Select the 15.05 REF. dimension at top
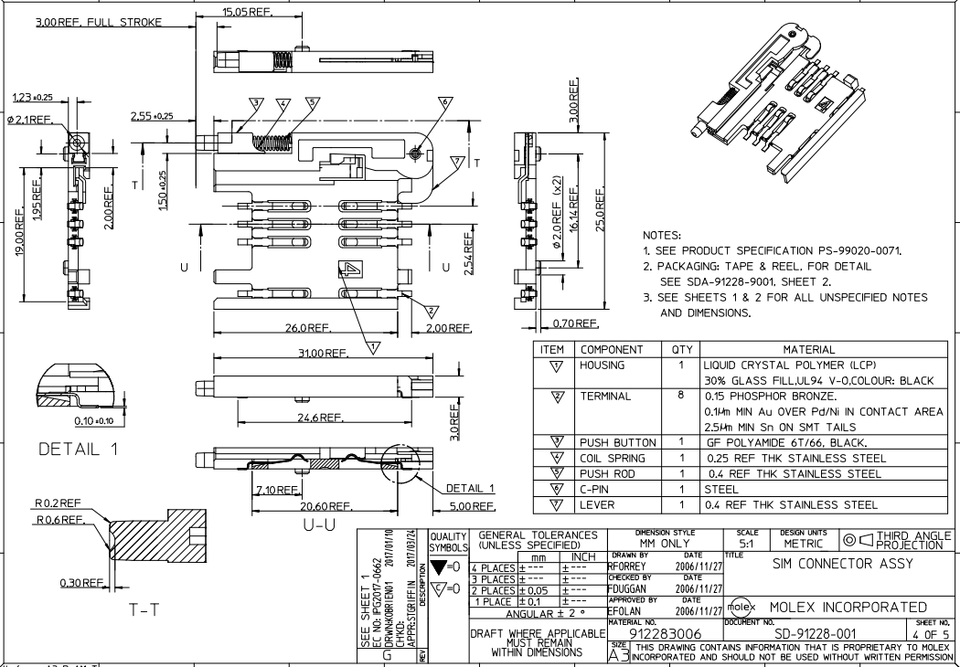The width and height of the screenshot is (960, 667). pyautogui.click(x=247, y=12)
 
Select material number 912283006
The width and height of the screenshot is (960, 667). pyautogui.click(x=667, y=632)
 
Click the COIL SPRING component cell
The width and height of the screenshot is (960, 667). pyautogui.click(x=612, y=458)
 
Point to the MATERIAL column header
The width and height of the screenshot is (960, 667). pyautogui.click(x=821, y=349)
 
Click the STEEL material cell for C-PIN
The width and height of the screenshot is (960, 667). pyautogui.click(x=722, y=489)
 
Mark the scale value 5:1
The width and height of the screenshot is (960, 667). pyautogui.click(x=745, y=543)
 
